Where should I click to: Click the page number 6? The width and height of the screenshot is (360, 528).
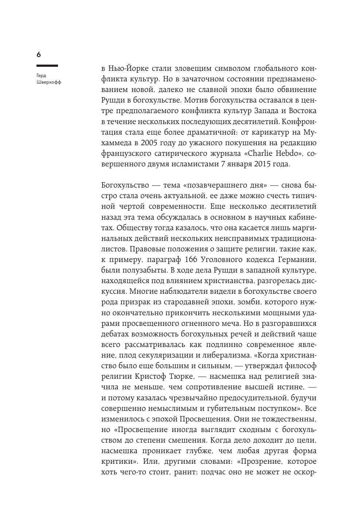click(39, 55)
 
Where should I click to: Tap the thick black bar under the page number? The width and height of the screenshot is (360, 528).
click(47, 66)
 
